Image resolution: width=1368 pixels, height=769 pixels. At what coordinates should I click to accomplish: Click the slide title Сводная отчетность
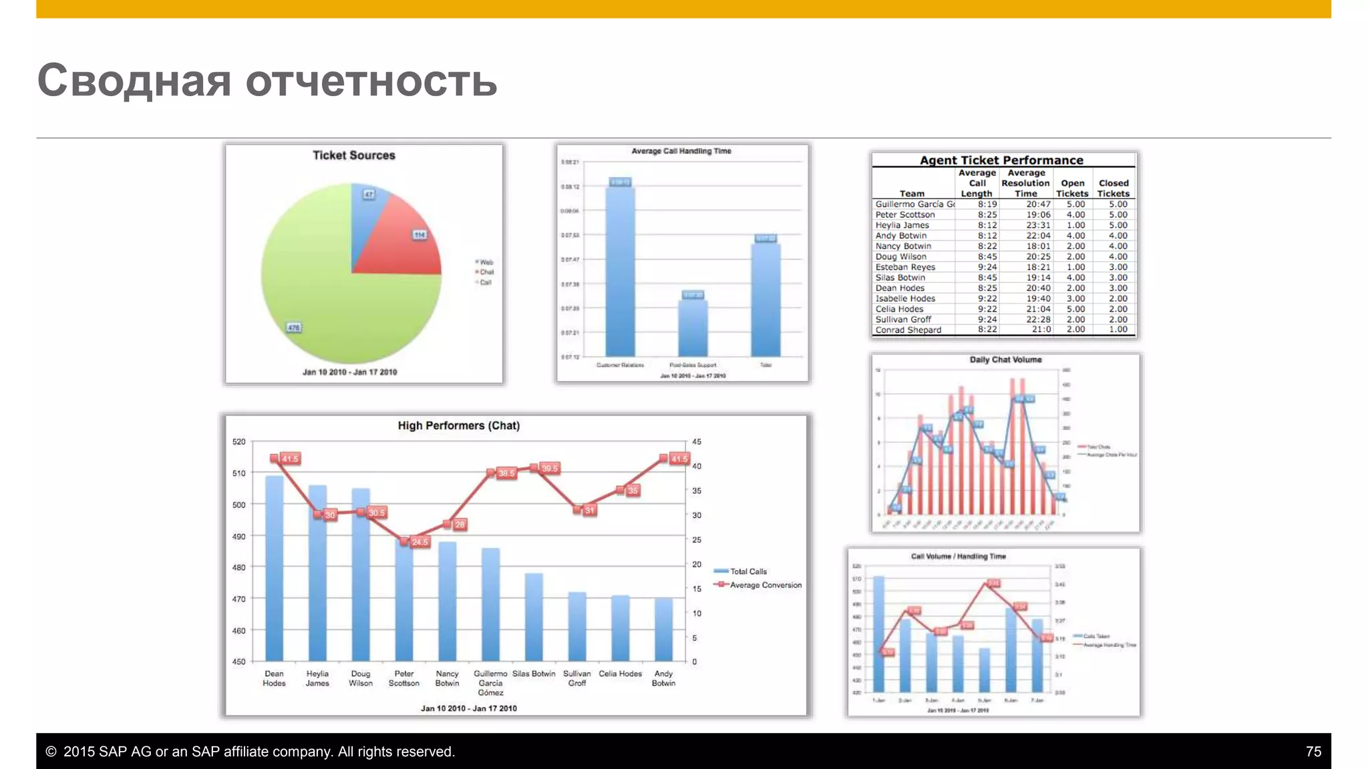click(267, 80)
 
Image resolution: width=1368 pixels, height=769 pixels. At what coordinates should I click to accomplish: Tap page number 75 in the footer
click(1313, 752)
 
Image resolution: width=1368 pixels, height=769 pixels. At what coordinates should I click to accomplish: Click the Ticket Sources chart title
click(354, 156)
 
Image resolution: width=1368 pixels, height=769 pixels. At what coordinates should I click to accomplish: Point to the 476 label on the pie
click(294, 328)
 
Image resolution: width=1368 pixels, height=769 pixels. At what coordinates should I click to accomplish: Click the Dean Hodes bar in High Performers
click(275, 567)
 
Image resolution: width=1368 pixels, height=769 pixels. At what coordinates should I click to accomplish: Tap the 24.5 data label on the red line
click(420, 542)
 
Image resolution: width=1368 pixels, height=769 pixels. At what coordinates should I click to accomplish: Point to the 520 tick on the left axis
click(239, 442)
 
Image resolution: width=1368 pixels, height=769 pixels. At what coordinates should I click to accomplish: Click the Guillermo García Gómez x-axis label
click(490, 683)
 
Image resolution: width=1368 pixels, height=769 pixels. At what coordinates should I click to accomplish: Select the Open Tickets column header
click(1072, 188)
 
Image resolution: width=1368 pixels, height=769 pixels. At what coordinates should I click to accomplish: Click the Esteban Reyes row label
click(905, 267)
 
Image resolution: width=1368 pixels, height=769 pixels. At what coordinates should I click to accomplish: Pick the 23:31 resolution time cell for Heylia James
click(1038, 225)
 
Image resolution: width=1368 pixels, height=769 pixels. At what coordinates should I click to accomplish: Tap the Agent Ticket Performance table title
click(1001, 160)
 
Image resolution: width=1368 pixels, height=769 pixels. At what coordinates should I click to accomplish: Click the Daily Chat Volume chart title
click(1005, 360)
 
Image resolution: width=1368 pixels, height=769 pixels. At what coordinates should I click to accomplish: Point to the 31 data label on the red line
click(589, 511)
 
